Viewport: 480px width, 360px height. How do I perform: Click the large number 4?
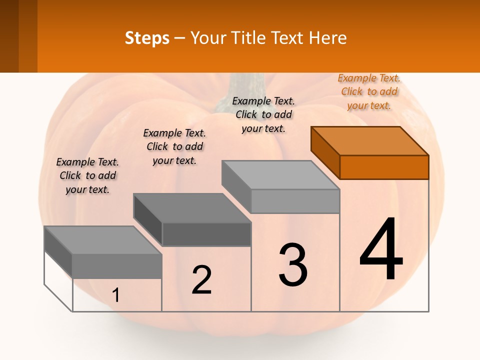coord(381,250)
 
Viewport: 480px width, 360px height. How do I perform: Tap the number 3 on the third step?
coord(292,265)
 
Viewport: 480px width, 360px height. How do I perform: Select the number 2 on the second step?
coord(201,280)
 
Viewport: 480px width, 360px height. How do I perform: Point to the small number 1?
coord(115,295)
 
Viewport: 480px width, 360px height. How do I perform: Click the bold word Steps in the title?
coord(147,37)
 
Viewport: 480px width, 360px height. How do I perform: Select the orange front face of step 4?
coord(384,167)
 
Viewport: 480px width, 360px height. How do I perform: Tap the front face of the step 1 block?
coord(117,266)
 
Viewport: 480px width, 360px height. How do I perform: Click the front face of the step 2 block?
coord(206,234)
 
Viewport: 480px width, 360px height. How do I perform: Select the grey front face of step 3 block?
coord(295,201)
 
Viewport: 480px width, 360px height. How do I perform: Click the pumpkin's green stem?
coord(243,85)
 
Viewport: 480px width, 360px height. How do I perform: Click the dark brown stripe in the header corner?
coord(9,36)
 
